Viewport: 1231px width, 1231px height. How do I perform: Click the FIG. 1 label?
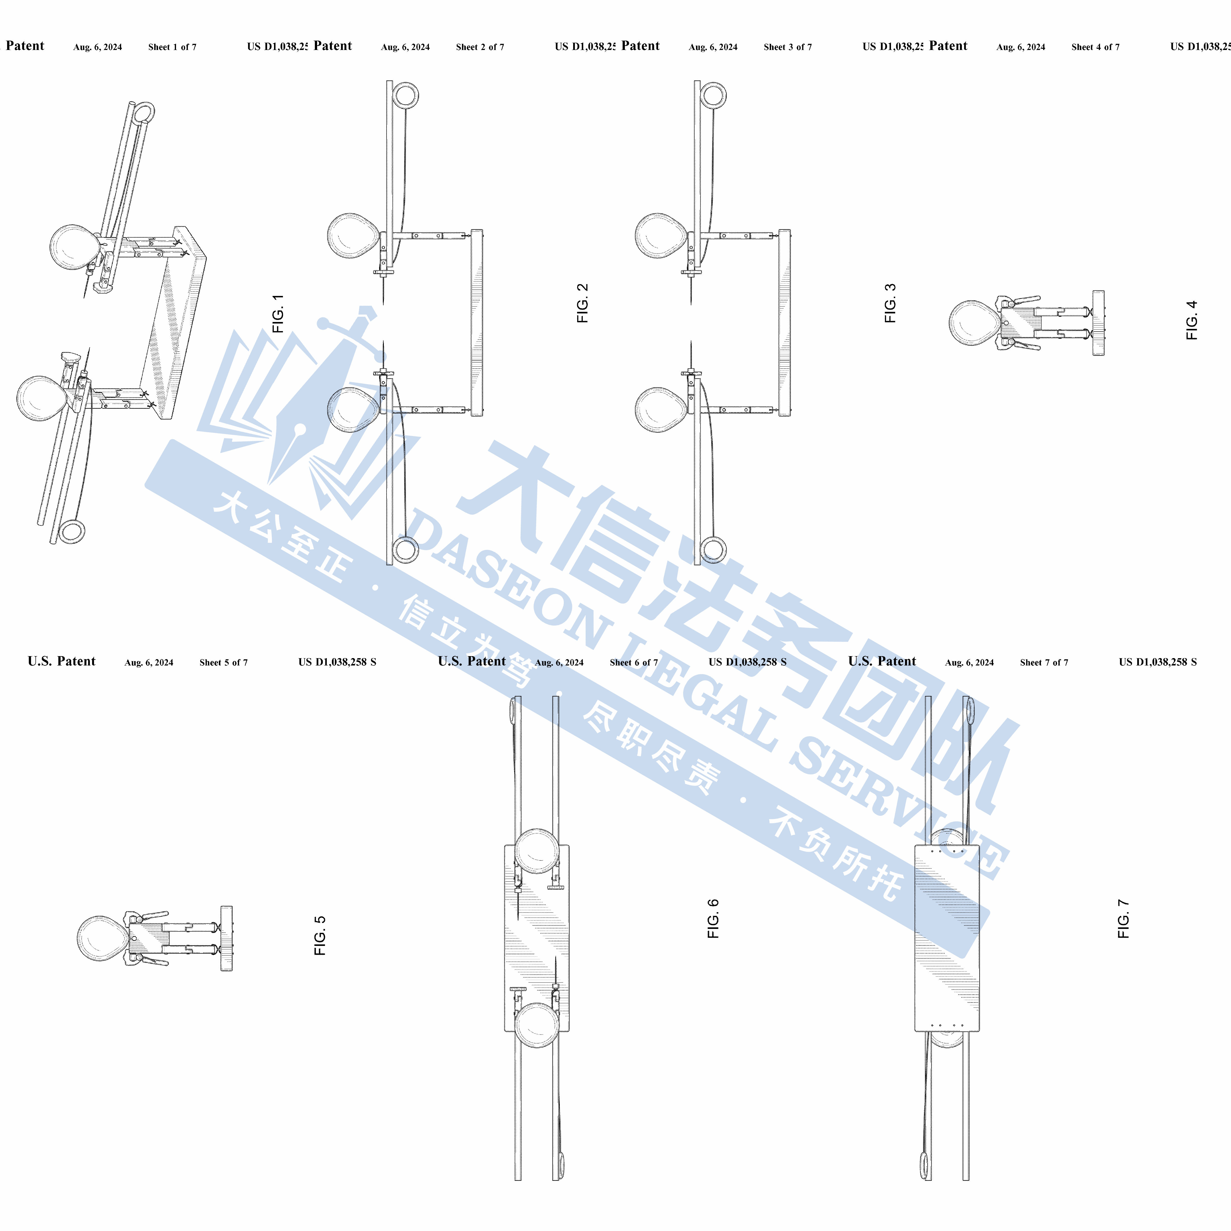pos(278,313)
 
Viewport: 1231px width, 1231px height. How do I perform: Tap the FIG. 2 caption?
pos(582,303)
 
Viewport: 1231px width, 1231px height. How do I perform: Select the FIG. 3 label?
pos(890,303)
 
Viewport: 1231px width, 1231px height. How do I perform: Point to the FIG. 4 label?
pos(1192,320)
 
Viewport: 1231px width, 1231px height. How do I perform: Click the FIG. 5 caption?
pos(320,935)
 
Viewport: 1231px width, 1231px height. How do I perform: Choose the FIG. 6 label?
pos(713,919)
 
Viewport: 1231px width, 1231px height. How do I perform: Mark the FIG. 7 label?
pos(1123,919)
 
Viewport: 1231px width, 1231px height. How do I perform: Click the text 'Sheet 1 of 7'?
pos(172,47)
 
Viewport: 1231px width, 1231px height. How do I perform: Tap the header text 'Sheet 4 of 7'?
pos(1095,47)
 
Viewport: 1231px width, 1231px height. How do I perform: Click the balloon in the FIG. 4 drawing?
pos(973,323)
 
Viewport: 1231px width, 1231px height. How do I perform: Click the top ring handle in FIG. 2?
pos(406,96)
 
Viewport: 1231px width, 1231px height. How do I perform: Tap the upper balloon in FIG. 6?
pos(537,851)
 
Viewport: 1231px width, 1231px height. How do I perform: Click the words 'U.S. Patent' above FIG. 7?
pos(882,661)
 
